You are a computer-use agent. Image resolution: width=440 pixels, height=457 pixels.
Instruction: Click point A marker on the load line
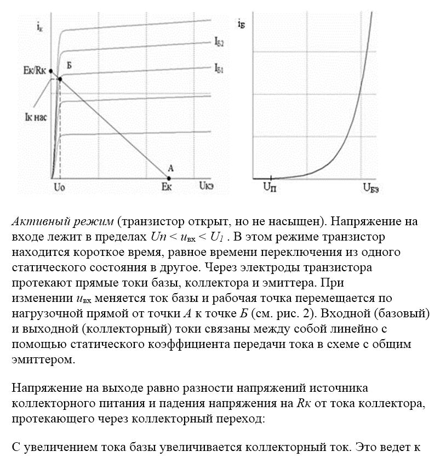tap(169, 178)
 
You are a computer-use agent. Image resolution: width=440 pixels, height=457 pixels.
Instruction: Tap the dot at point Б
tap(60, 79)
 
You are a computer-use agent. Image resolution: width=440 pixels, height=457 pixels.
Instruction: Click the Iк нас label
tap(28, 116)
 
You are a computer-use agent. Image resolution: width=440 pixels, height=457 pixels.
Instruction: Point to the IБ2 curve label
tap(218, 43)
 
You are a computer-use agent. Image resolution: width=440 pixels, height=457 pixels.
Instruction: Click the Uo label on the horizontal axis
tap(59, 187)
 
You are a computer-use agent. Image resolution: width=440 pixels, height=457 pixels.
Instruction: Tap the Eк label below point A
tap(168, 187)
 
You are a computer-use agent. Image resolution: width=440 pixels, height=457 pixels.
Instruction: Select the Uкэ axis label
tap(207, 187)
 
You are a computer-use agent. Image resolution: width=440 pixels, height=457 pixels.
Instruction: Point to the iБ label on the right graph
tap(242, 24)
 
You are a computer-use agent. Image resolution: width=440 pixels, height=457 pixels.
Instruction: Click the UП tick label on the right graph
tap(270, 187)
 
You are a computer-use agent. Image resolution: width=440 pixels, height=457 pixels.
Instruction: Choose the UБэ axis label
tap(371, 187)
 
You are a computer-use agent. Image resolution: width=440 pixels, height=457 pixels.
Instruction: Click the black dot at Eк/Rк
tap(51, 71)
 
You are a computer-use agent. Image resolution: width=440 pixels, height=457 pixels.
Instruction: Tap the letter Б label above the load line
tap(69, 66)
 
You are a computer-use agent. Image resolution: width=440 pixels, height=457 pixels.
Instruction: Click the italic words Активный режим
tap(62, 222)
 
